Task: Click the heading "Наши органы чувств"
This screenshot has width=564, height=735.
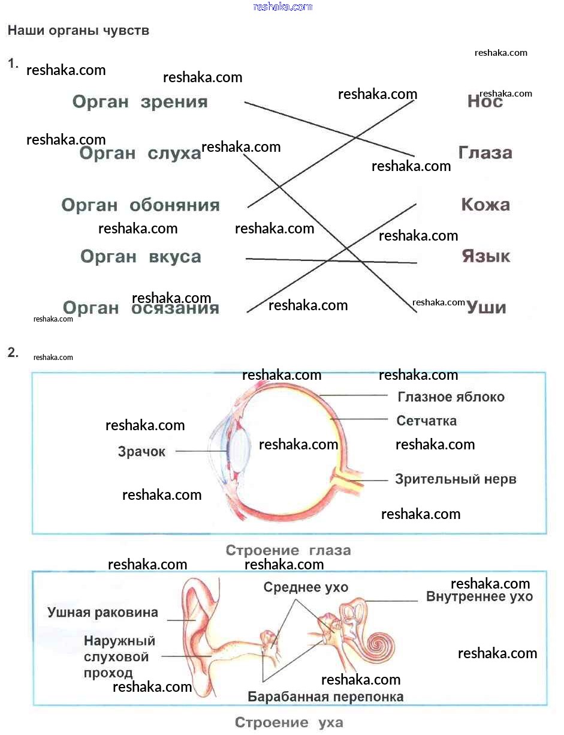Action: pos(78,31)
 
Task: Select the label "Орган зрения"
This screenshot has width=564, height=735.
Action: pos(140,102)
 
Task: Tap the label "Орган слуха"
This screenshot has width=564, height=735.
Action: pos(140,154)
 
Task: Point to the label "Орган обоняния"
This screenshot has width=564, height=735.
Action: pos(141,205)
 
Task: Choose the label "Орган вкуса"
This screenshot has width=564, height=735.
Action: pos(141,257)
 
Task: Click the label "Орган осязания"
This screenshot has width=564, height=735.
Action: pos(141,308)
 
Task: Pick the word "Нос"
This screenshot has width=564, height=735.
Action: pos(485,102)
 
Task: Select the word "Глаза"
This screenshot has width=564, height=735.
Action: pos(485,153)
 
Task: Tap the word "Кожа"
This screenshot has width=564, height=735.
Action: pos(485,205)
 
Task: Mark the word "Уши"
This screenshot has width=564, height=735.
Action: pos(486,308)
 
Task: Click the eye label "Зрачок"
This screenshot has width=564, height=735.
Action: pos(141,452)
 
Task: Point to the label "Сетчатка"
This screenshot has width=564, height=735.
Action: pos(427,421)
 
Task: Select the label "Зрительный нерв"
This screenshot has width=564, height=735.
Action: pos(456,479)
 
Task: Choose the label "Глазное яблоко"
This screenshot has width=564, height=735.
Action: pos(451,397)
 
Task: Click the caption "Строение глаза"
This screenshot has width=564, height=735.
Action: pos(288,550)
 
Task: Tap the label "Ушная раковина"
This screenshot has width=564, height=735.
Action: pos(103,613)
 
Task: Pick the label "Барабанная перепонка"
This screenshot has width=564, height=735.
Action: pos(325,697)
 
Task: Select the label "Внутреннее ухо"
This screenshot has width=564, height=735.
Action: pos(479,597)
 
